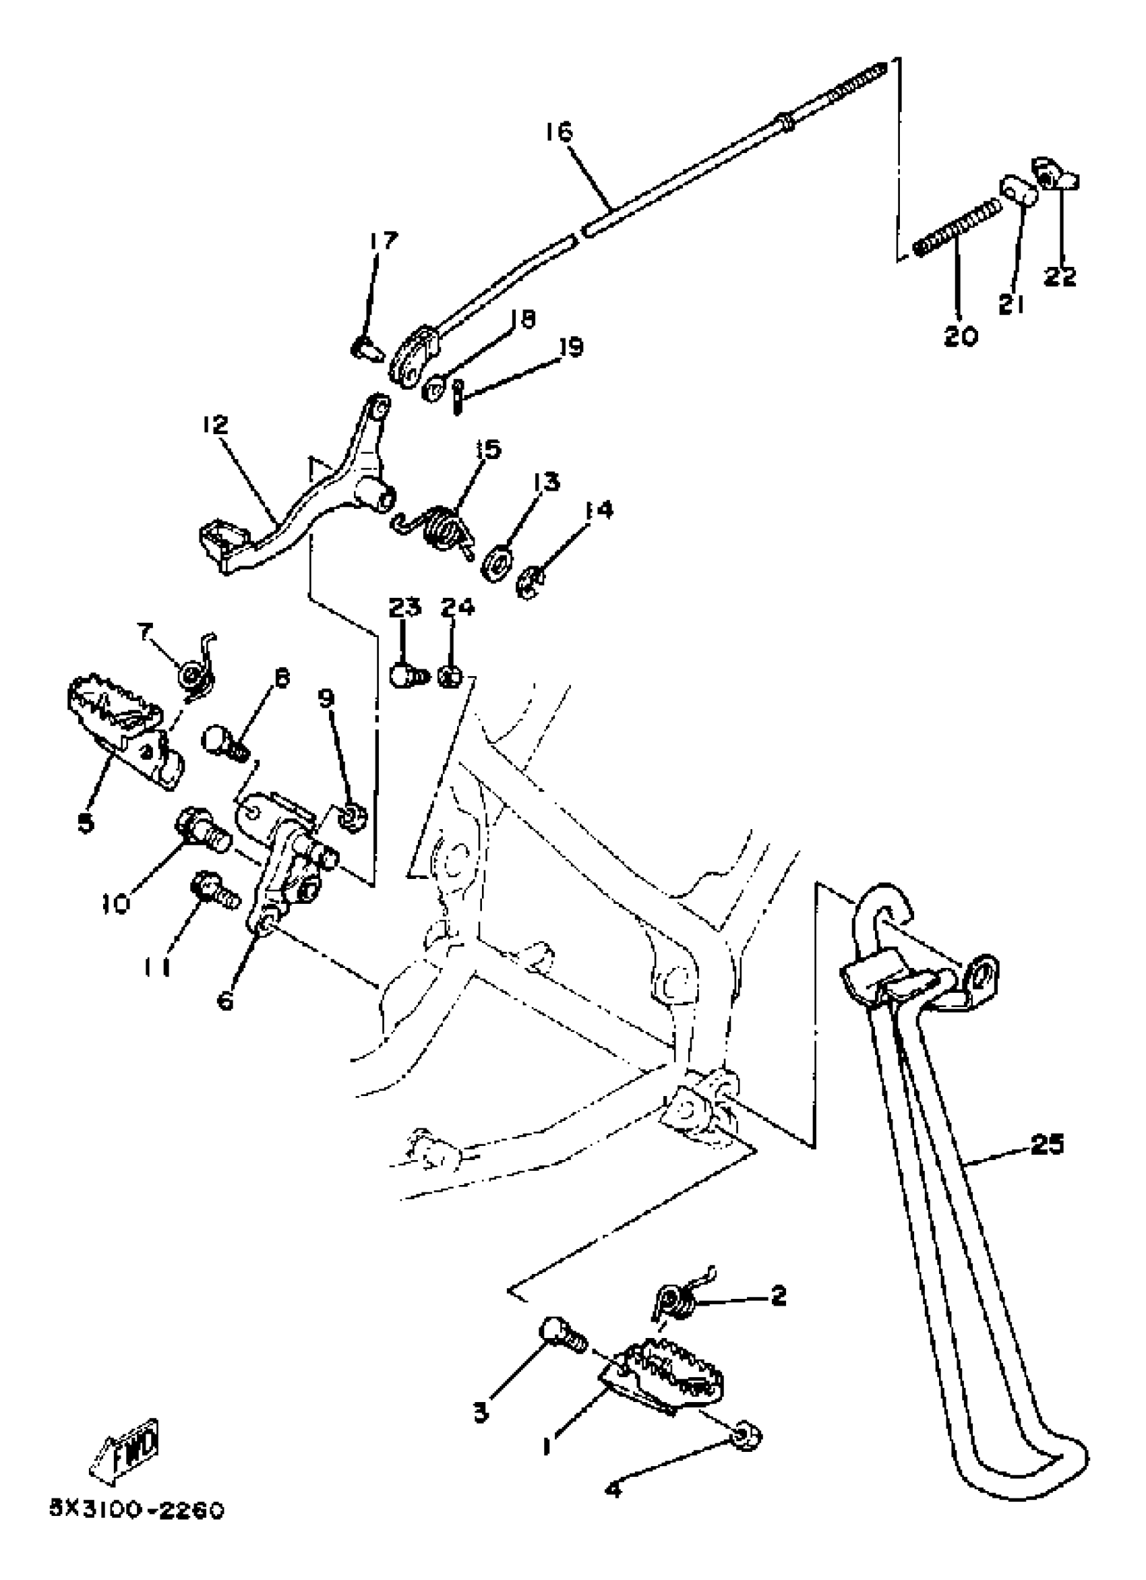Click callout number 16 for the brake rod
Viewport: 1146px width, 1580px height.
[x=559, y=131]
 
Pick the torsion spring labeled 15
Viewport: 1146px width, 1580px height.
[x=444, y=528]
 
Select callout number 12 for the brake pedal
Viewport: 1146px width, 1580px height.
[x=215, y=424]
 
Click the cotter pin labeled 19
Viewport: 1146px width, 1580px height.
[x=457, y=395]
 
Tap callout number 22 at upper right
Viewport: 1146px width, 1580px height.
[x=1060, y=276]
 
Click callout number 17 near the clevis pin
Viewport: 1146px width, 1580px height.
[x=382, y=241]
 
